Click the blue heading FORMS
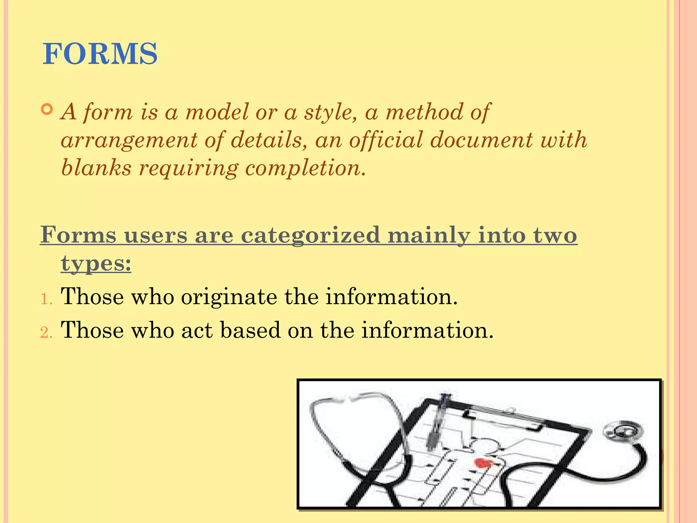[x=100, y=54]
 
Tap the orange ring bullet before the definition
[x=47, y=110]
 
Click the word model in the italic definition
[x=217, y=112]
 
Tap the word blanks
[x=96, y=168]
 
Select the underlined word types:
[x=96, y=263]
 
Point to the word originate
[x=229, y=297]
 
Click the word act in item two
[x=197, y=330]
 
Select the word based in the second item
[x=250, y=330]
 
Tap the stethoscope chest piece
[x=622, y=431]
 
